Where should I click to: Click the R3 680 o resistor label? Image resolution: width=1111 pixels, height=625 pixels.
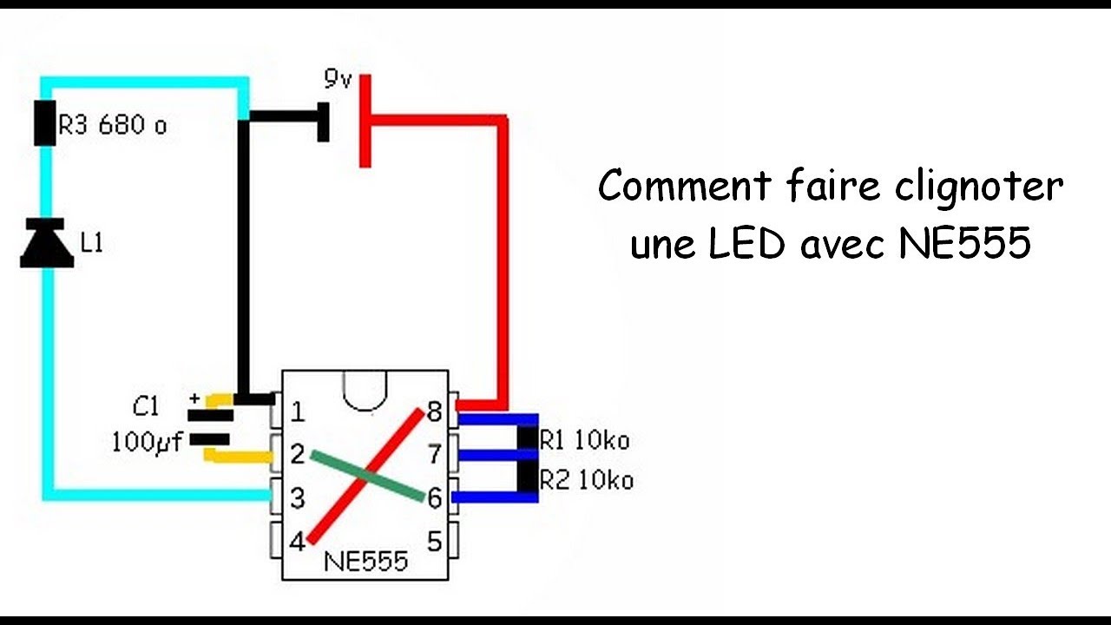pos(112,126)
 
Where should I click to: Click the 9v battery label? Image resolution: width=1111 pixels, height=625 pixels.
pos(338,80)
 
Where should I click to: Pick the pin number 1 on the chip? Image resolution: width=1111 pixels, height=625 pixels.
pos(298,411)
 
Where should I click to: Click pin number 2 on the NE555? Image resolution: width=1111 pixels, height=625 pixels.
pos(298,453)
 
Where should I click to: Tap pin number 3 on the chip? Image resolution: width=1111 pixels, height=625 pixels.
pos(298,498)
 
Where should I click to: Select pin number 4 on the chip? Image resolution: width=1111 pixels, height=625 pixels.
pos(297,543)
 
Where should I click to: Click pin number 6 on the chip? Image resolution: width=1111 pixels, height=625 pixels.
pos(434,498)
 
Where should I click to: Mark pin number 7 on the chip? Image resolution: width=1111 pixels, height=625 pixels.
pos(434,453)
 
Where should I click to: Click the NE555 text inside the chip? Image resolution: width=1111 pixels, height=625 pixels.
pos(365,561)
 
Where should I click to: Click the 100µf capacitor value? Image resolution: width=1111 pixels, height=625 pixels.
pos(147,443)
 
